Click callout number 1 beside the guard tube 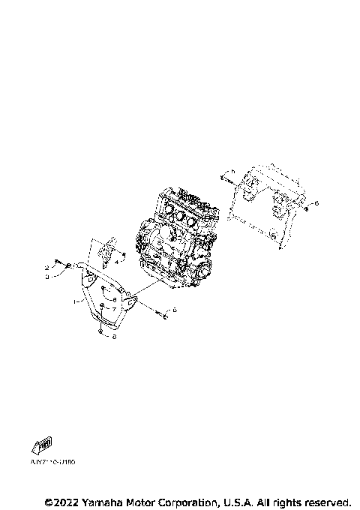point(75,301)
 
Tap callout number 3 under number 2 point(47,276)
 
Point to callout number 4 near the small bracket point(115,262)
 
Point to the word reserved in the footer point(328,501)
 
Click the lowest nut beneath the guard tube point(101,337)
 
